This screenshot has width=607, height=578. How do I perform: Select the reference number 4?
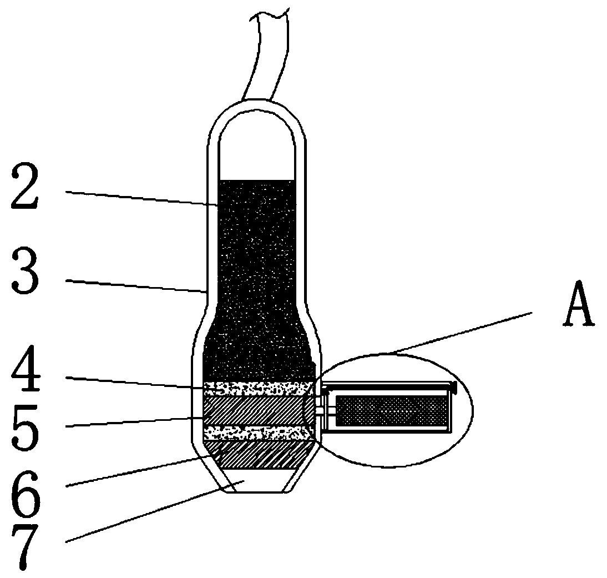tap(25, 374)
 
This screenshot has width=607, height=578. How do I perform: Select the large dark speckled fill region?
tap(256, 278)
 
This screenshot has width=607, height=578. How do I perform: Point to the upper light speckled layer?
tap(256, 388)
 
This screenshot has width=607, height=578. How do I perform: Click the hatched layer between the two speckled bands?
tap(255, 411)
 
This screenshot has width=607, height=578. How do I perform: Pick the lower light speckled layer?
tap(255, 433)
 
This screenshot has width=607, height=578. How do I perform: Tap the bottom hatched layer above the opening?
tap(261, 454)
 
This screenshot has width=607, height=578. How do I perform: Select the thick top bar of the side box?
tap(388, 384)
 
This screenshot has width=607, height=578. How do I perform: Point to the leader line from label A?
tap(461, 333)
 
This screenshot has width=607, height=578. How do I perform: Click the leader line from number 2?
tap(139, 199)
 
